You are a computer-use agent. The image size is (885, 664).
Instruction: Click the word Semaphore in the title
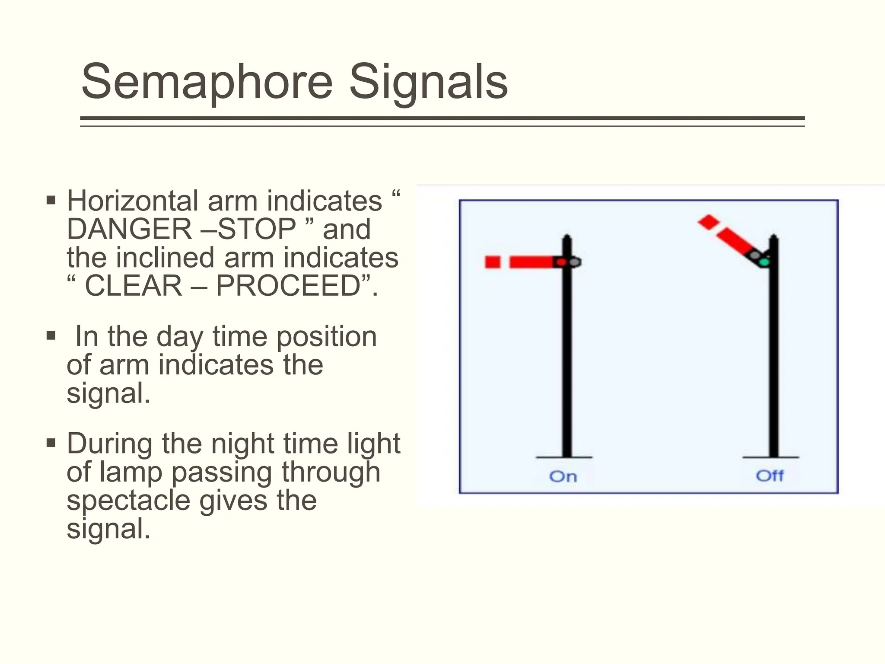(207, 82)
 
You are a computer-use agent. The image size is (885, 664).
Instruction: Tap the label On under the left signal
(563, 476)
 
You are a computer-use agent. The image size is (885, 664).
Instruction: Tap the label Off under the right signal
(770, 476)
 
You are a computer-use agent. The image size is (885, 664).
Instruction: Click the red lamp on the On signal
(561, 262)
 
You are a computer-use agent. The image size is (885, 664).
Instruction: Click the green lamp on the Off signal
(764, 262)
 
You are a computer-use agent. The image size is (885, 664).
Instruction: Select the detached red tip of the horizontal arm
(493, 262)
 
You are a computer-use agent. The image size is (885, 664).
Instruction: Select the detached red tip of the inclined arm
(708, 222)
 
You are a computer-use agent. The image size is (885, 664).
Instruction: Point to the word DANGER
(129, 229)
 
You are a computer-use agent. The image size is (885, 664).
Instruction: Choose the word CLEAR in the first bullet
(134, 286)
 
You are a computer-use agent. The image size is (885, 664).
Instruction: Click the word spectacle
(128, 501)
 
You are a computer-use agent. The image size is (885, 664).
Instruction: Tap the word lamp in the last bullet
(131, 472)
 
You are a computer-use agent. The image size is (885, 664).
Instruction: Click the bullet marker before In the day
(51, 336)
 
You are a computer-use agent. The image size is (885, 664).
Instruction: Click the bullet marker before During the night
(51, 443)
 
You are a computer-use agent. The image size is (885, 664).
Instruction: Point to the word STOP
(257, 229)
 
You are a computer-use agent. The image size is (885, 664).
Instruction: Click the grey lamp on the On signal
(574, 262)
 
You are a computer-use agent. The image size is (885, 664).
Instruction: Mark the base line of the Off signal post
(771, 457)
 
